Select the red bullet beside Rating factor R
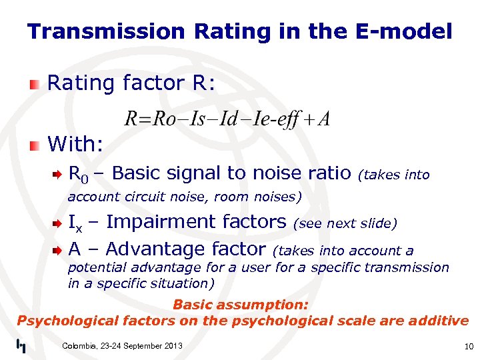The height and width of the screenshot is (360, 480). (34, 84)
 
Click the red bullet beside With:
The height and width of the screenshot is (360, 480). (34, 144)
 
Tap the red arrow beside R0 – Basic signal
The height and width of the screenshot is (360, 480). (59, 175)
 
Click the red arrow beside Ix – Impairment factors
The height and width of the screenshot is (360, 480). (59, 223)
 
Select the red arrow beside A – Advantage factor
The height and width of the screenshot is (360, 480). (59, 250)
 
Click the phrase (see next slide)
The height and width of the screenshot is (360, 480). (345, 224)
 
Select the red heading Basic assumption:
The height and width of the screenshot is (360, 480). (241, 305)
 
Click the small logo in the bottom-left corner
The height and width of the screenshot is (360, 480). (21, 345)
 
